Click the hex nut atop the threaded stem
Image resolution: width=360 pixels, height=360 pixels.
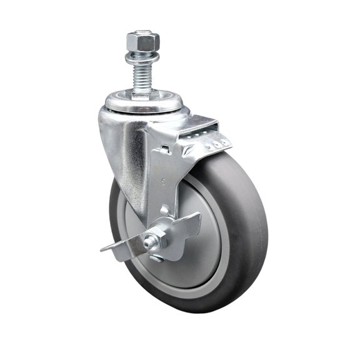click(143, 42)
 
